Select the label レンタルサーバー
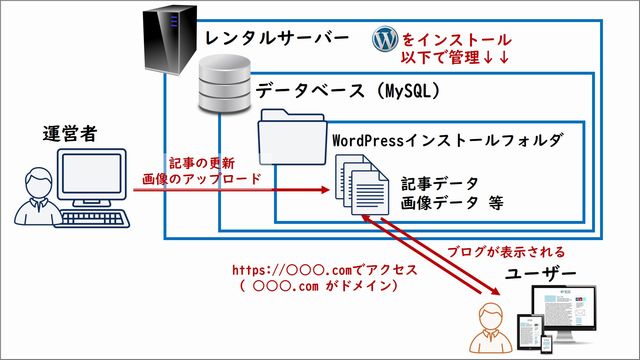tap(276, 38)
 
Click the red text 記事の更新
tap(201, 162)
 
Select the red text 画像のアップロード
tap(201, 179)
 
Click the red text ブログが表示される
tap(506, 251)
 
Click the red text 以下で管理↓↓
tap(455, 59)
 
